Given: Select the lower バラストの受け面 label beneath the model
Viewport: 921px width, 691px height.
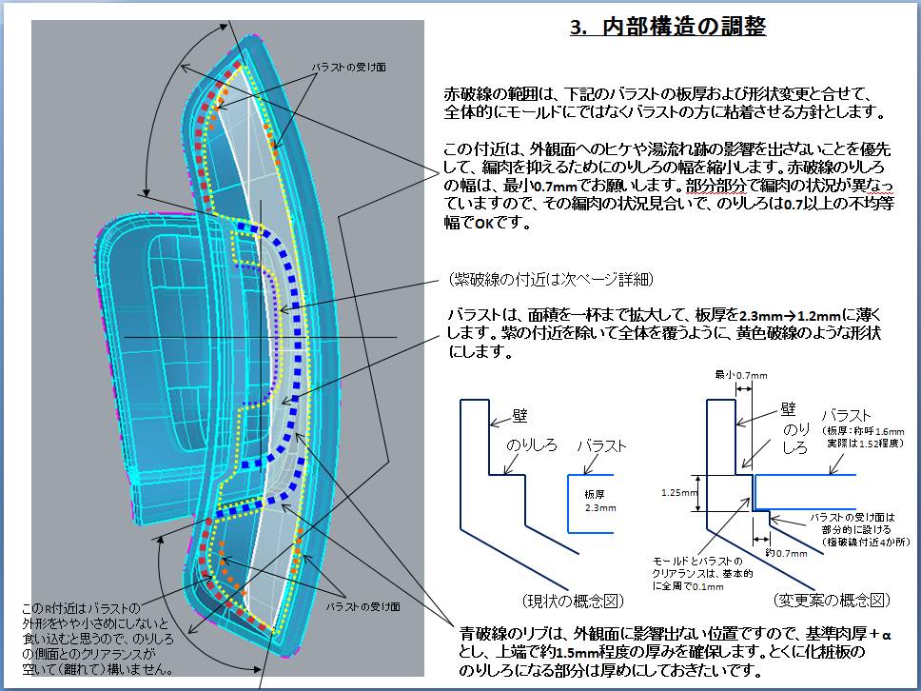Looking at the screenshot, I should coord(363,606).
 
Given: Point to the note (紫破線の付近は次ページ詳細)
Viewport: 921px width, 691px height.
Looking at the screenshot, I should coord(553,279).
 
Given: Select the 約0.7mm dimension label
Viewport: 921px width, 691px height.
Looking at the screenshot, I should coord(783,552).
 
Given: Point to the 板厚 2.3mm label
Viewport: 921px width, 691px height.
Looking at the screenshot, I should coord(594,502).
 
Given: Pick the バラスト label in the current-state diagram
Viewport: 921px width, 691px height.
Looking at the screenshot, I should coord(601,445).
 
